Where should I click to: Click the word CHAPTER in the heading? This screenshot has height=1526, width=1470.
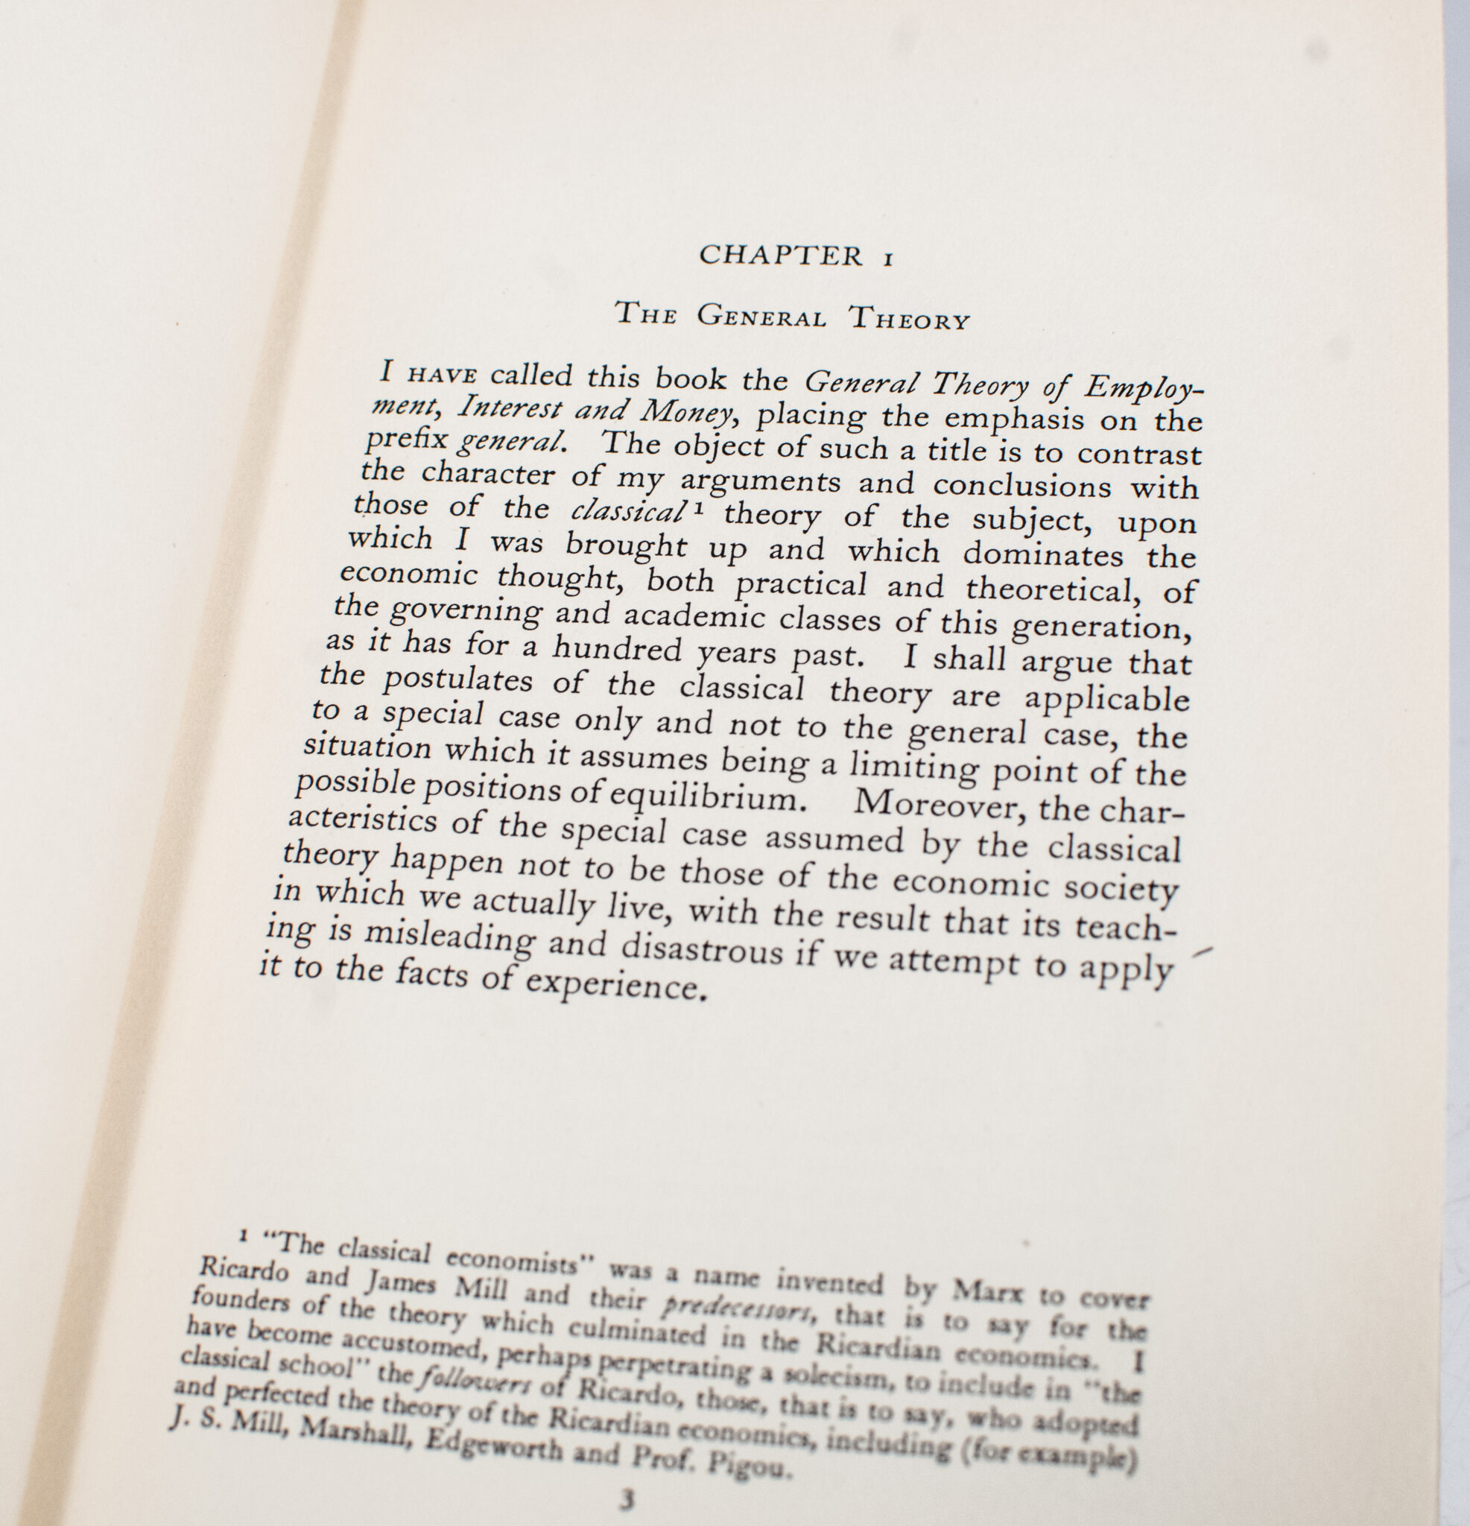point(781,256)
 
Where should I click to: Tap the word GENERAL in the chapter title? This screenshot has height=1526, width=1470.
point(761,316)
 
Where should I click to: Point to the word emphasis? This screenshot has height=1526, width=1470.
point(1014,419)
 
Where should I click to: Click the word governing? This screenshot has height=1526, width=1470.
point(466,610)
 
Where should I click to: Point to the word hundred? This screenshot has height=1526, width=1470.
point(617,648)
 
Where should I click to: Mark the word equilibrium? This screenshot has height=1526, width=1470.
point(701,797)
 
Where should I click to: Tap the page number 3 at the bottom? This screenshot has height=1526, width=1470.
point(627,1499)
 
